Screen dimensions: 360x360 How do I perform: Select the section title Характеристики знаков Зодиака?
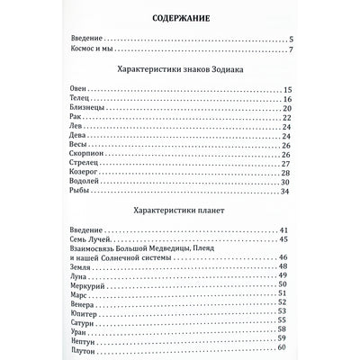point(179,69)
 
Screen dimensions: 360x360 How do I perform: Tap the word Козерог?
point(84,173)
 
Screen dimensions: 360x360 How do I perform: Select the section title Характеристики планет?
point(179,212)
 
